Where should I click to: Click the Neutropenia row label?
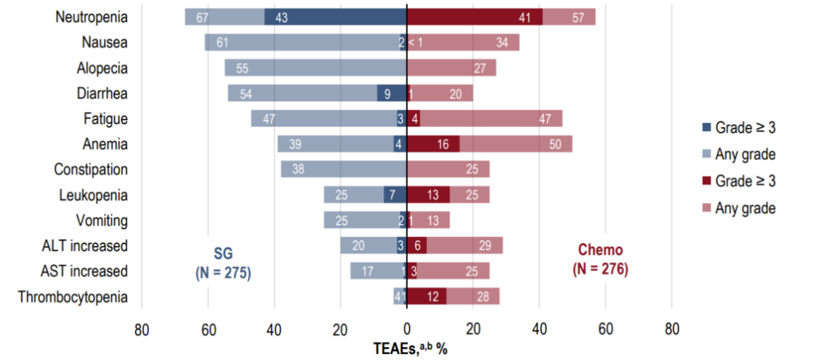pyautogui.click(x=91, y=17)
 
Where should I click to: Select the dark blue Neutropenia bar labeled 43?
pyautogui.click(x=335, y=17)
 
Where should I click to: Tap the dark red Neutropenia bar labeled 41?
pyautogui.click(x=474, y=17)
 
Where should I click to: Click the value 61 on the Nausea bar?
pyautogui.click(x=223, y=42)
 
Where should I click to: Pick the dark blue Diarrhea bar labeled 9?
pyautogui.click(x=392, y=94)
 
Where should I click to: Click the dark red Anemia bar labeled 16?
pyautogui.click(x=433, y=144)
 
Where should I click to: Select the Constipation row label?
pyautogui.click(x=91, y=170)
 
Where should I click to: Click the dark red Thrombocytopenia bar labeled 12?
pyautogui.click(x=426, y=297)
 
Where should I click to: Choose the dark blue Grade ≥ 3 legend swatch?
pyautogui.click(x=706, y=128)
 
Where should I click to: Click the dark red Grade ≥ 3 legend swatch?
pyautogui.click(x=706, y=182)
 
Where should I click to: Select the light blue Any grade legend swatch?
pyautogui.click(x=706, y=155)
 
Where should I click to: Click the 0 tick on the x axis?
pyautogui.click(x=407, y=329)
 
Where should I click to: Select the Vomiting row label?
pyautogui.click(x=102, y=221)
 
